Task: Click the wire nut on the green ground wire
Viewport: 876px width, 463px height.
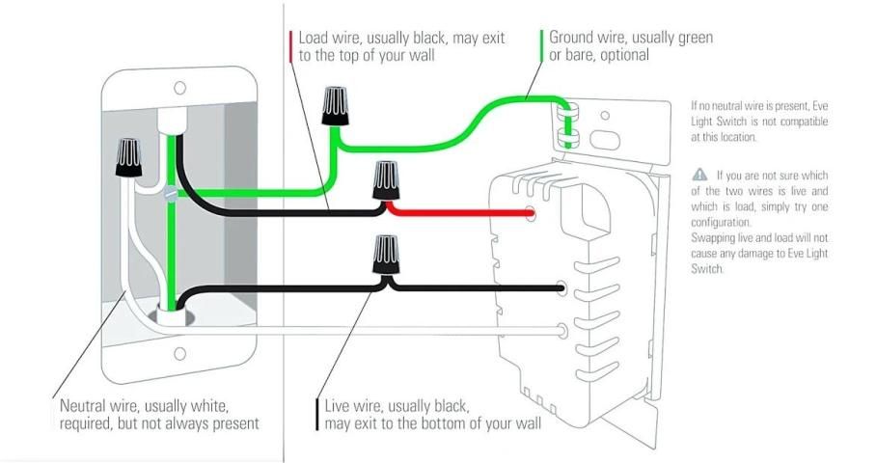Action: click(x=336, y=105)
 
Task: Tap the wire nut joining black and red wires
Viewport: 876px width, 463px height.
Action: click(x=386, y=180)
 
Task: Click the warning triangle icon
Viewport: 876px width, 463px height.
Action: click(x=698, y=175)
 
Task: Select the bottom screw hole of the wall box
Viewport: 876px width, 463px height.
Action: click(x=179, y=354)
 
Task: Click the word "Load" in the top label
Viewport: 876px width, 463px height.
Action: click(x=315, y=38)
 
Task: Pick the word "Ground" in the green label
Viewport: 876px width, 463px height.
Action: click(x=572, y=38)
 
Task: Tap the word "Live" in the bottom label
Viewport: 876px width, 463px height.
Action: click(x=339, y=406)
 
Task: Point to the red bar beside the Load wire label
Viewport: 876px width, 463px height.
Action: click(x=290, y=46)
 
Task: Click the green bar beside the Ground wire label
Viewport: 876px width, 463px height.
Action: click(x=541, y=46)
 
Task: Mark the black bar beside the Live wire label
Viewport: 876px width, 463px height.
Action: click(x=317, y=415)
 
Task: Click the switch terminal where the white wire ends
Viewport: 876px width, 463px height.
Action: click(x=561, y=331)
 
